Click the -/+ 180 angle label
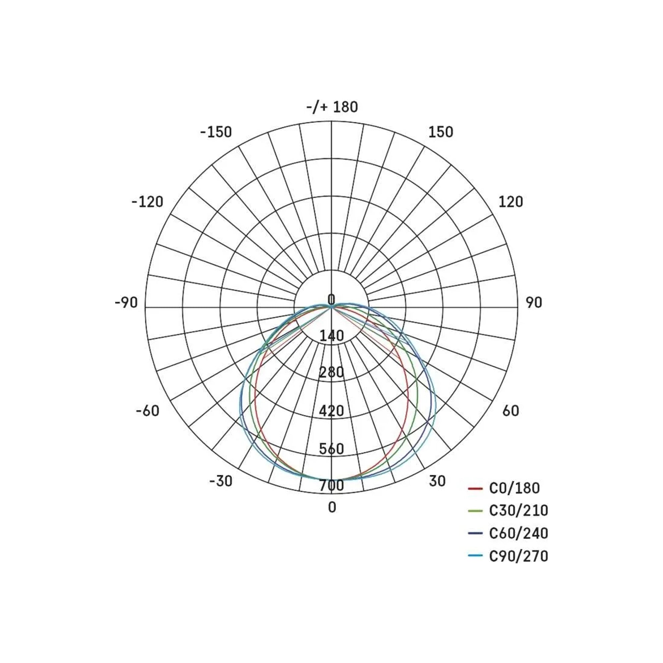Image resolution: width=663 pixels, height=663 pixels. click(x=332, y=107)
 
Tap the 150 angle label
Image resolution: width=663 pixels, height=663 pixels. click(x=441, y=132)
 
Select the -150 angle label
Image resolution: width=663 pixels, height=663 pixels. click(x=216, y=132)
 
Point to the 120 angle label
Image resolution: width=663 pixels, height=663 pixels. click(x=511, y=202)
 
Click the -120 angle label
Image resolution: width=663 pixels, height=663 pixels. click(x=147, y=202)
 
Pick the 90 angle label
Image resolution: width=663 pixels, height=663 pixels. click(x=534, y=303)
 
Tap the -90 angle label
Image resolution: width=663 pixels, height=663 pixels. click(x=126, y=303)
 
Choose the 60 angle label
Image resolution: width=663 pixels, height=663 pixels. click(x=511, y=411)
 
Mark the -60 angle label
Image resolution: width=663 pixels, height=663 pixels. click(x=148, y=411)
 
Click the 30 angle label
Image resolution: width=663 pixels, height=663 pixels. click(x=437, y=481)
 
